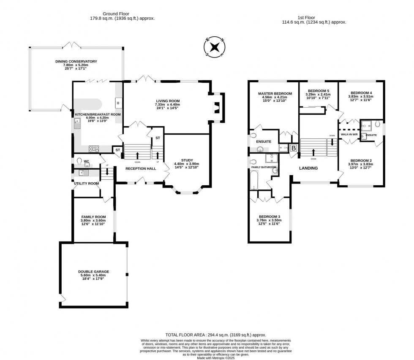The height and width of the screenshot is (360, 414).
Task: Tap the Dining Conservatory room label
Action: click(76, 62)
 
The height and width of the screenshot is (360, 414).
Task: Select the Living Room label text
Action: click(168, 101)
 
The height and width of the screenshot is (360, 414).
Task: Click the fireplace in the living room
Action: click(217, 108)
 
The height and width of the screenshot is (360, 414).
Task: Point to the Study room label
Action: click(187, 160)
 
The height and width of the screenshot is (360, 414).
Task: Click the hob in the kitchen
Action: click(93, 148)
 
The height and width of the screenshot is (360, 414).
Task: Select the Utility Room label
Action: click(86, 184)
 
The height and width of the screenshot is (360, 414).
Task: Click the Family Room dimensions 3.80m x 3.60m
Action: click(93, 220)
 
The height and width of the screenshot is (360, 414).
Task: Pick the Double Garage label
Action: click(93, 272)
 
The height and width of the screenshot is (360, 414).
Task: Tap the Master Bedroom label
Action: click(275, 93)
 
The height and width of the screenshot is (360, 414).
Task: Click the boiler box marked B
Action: click(293, 148)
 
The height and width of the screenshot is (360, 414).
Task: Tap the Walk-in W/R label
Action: click(349, 135)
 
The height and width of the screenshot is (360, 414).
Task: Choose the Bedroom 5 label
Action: click(319, 91)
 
